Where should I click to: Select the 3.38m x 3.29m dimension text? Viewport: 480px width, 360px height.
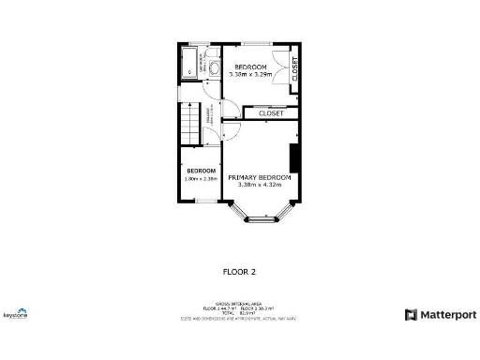pos(250,73)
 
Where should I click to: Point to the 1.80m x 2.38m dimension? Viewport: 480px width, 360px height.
pos(201,178)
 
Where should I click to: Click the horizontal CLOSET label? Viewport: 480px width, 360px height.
pos(271,113)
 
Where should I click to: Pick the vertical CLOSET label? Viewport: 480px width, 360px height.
pos(294,69)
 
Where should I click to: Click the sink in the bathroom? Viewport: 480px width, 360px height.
pos(214,67)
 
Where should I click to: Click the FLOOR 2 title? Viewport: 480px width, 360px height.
pos(239,272)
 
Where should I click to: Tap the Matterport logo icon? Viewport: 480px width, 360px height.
pos(411,315)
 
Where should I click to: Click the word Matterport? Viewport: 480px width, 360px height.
pos(448,315)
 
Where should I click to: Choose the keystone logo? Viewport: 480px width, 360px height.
pos(15,315)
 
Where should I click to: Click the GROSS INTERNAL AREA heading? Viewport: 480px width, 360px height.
pos(239,304)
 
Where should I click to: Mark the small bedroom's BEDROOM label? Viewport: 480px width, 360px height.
pos(201,171)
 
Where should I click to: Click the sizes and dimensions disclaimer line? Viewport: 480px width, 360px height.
pos(239,319)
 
